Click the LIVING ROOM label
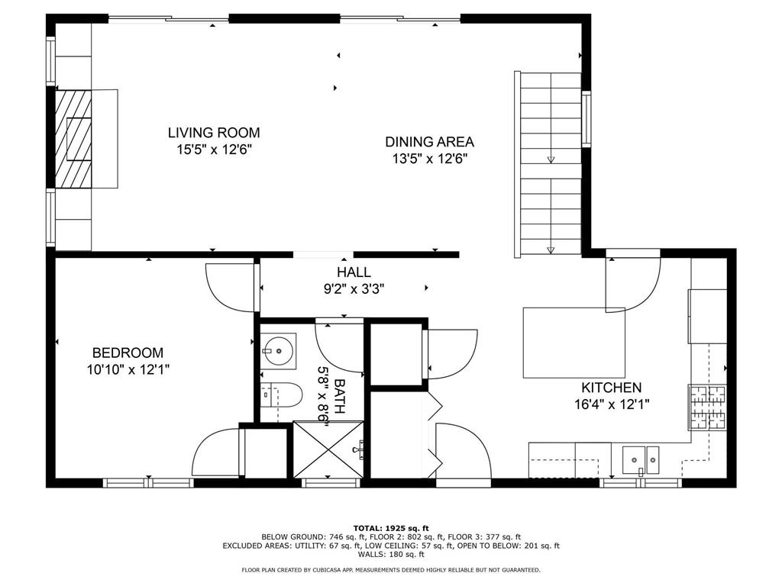(x=214, y=133)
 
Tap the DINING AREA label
(x=429, y=142)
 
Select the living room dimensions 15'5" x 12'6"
(x=214, y=150)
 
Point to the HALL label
(x=354, y=272)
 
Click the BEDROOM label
(x=128, y=353)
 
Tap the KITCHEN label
(x=612, y=388)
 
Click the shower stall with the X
(x=327, y=450)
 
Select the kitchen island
(x=574, y=343)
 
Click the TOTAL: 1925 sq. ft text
(x=391, y=528)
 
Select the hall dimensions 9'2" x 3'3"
(x=354, y=289)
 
